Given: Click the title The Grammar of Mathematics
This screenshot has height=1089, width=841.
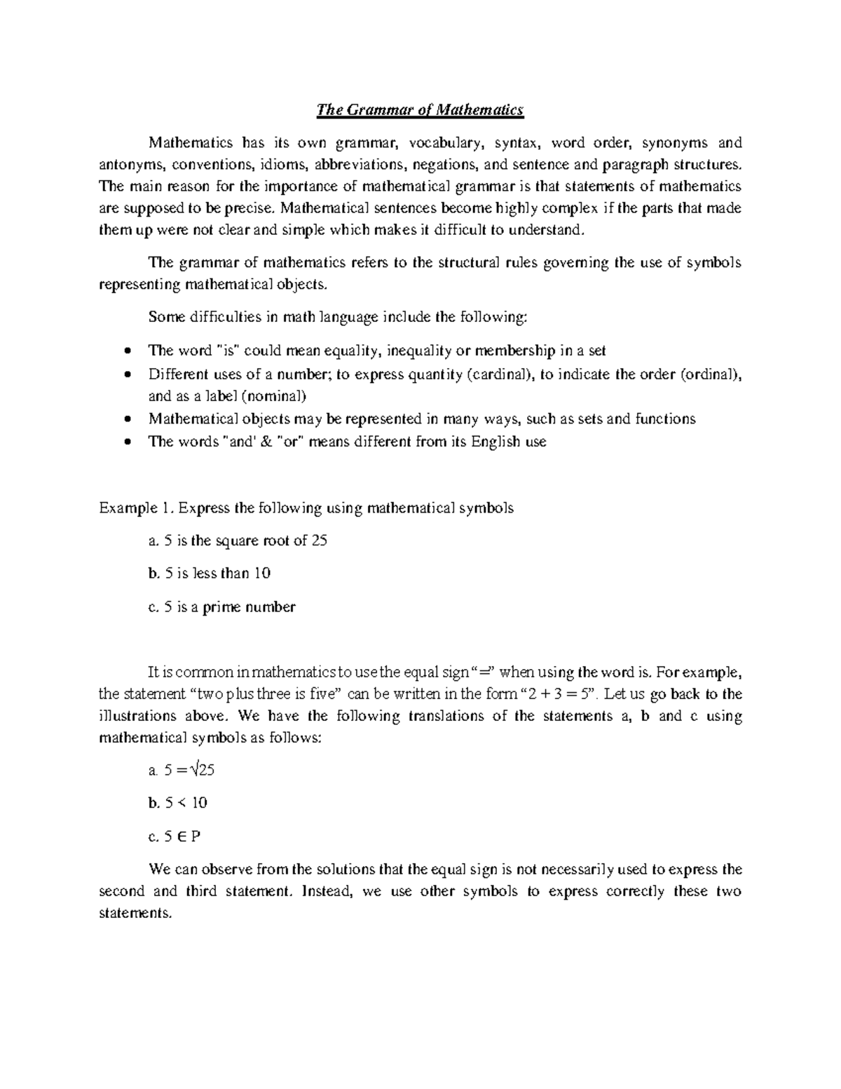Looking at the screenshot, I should click(420, 110).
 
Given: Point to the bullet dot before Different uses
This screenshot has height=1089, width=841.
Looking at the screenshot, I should click(126, 374).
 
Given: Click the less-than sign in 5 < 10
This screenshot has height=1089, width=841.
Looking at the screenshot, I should click(182, 803).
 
